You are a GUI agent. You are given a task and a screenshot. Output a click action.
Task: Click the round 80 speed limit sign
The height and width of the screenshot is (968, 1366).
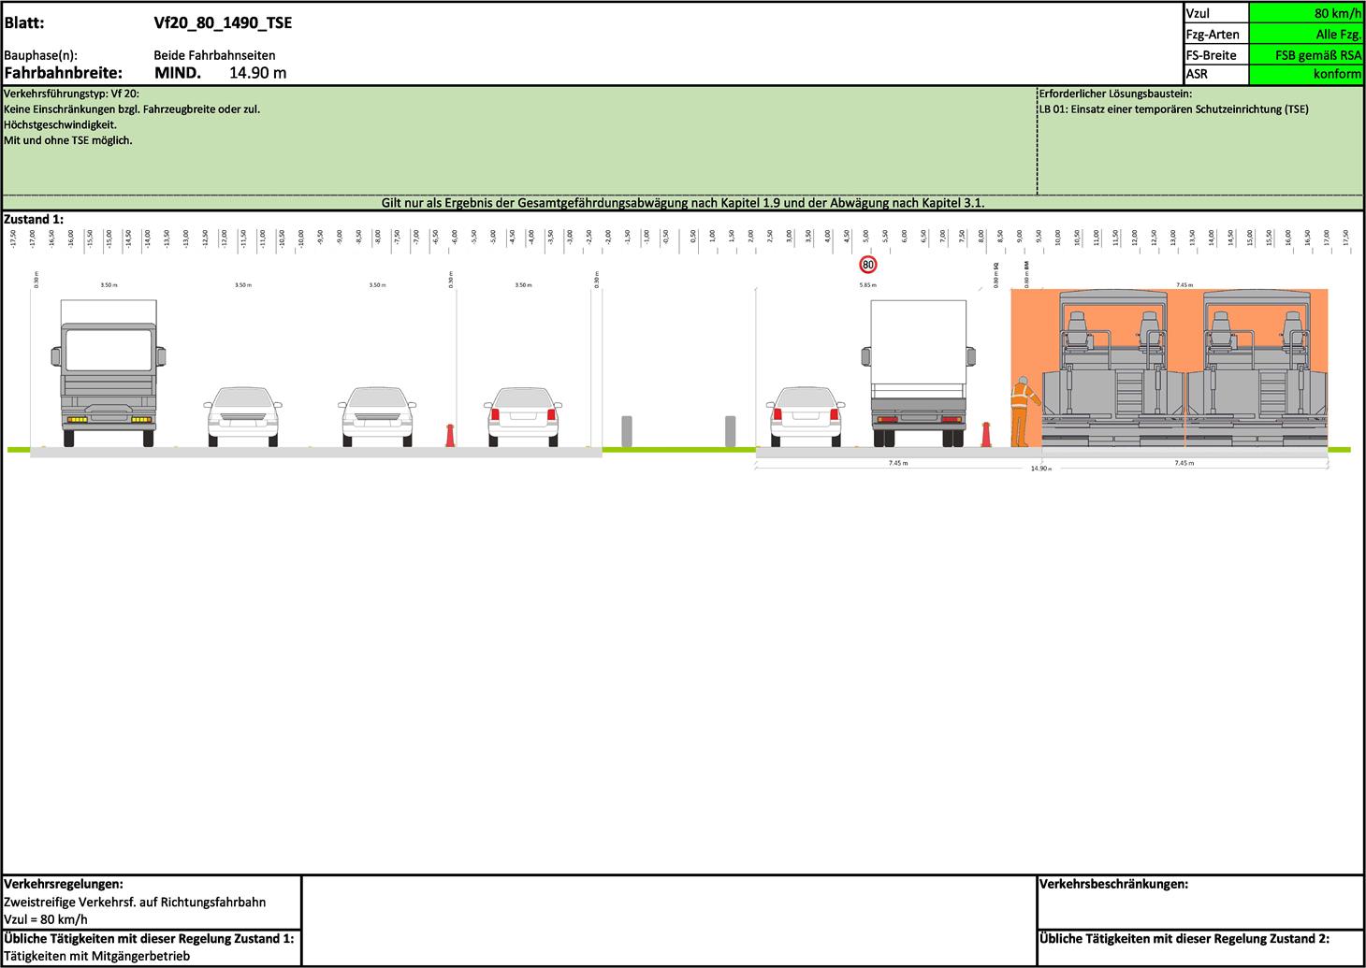[x=868, y=265]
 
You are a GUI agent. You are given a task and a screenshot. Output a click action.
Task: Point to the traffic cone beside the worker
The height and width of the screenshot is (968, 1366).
[x=985, y=436]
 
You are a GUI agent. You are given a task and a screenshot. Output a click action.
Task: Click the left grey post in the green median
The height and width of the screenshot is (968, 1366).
[x=627, y=431]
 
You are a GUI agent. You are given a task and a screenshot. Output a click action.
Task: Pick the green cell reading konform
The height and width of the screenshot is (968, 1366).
[x=1306, y=74]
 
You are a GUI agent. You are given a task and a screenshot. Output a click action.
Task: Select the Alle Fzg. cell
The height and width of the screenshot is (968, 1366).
[x=1306, y=35]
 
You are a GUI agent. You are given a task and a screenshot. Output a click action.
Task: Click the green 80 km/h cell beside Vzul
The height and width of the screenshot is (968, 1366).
[x=1306, y=14]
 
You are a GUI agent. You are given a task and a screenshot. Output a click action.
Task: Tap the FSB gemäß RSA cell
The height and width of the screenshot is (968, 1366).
[x=1306, y=54]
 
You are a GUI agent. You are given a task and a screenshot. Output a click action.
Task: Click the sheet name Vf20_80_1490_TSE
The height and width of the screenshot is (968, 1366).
[x=223, y=23]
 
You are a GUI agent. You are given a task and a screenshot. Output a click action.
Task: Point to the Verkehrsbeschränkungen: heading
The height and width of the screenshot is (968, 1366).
[x=1113, y=884]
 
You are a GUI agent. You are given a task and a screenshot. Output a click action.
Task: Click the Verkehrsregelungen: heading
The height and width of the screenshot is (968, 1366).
[x=64, y=884]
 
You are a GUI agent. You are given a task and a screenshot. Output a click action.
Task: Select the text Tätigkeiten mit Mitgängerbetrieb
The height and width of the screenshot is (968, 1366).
[x=97, y=956]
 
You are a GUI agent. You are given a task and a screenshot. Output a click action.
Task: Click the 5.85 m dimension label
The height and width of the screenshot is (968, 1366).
[x=867, y=285]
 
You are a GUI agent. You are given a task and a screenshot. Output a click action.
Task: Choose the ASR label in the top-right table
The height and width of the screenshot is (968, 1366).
[x=1197, y=74]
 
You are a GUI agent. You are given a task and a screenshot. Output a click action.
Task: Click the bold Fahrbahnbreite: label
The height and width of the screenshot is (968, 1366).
[x=64, y=73]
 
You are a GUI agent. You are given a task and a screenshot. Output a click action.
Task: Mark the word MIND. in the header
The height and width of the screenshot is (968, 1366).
[x=178, y=73]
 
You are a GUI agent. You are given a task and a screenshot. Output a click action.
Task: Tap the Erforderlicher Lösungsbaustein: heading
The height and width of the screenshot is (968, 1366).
[x=1115, y=94]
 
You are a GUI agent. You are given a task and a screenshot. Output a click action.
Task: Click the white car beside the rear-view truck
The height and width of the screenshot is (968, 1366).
[x=804, y=415]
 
